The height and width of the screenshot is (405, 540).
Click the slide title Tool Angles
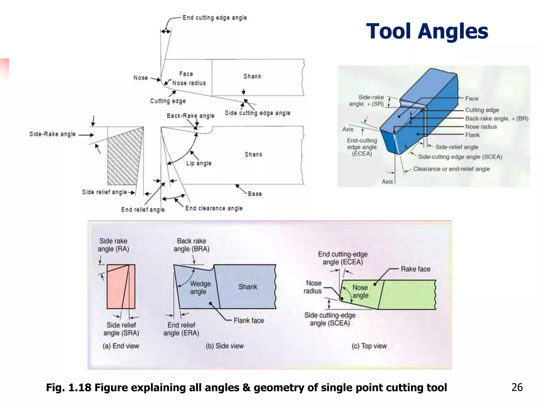[x=427, y=31]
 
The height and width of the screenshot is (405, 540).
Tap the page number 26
[x=517, y=387]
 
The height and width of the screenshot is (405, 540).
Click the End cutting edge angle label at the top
[x=215, y=18]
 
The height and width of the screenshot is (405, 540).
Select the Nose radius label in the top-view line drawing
[x=189, y=83]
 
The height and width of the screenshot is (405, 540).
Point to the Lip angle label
[x=199, y=163]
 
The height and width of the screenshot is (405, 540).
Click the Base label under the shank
[x=255, y=194]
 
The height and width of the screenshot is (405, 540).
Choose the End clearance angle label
[x=214, y=208]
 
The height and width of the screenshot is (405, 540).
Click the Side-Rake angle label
[x=52, y=134]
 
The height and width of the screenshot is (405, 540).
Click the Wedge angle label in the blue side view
[x=200, y=287]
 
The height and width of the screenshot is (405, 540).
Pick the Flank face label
[x=249, y=320]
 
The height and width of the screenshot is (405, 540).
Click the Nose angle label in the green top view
[x=360, y=291]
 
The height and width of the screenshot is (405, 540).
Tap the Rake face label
[x=415, y=269]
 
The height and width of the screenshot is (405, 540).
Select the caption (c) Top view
[x=369, y=346]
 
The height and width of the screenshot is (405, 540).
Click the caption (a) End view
[x=121, y=346]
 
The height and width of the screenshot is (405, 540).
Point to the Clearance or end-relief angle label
[x=451, y=169]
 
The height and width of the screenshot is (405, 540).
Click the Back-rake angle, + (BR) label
[x=496, y=118]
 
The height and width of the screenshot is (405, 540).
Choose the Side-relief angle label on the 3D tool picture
[x=456, y=147]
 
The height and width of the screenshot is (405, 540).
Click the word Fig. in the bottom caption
[x=55, y=387]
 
